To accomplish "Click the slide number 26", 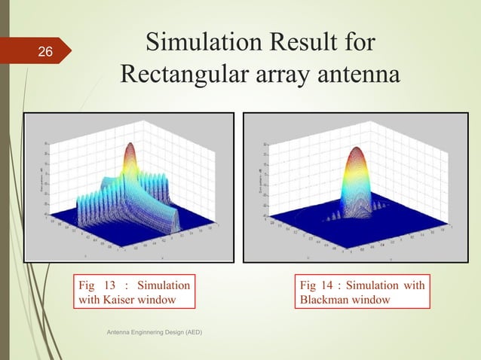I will tap(44, 52).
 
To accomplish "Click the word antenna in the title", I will tap(354, 75).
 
